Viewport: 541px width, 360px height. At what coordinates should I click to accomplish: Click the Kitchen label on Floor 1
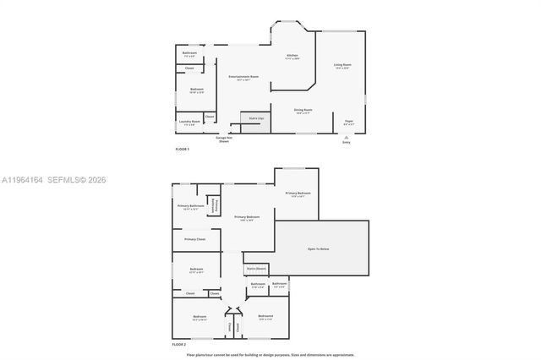[x=292, y=57]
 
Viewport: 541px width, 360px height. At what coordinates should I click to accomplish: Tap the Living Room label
[x=342, y=65]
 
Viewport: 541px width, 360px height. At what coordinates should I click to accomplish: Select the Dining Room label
[x=303, y=110]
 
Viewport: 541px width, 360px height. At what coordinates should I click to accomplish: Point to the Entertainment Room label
[x=243, y=78]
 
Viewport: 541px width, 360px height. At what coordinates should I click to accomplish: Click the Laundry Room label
[x=189, y=122]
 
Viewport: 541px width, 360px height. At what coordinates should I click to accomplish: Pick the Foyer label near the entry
[x=348, y=122]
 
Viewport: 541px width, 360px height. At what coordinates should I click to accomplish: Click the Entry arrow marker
[x=346, y=137]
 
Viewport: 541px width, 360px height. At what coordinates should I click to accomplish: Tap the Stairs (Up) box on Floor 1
[x=255, y=118]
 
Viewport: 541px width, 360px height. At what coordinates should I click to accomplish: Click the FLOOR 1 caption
[x=182, y=149]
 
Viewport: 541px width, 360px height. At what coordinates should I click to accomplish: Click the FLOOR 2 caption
[x=178, y=345]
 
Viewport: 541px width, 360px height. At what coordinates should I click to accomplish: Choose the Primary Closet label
[x=194, y=239]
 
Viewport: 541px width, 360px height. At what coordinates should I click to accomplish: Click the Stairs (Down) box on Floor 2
[x=256, y=269]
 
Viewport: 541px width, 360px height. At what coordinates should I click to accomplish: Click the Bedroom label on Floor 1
[x=196, y=90]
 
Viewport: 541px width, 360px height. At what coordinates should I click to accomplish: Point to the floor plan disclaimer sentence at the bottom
[x=270, y=355]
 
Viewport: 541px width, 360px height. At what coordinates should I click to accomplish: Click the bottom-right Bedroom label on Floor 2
[x=265, y=317]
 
